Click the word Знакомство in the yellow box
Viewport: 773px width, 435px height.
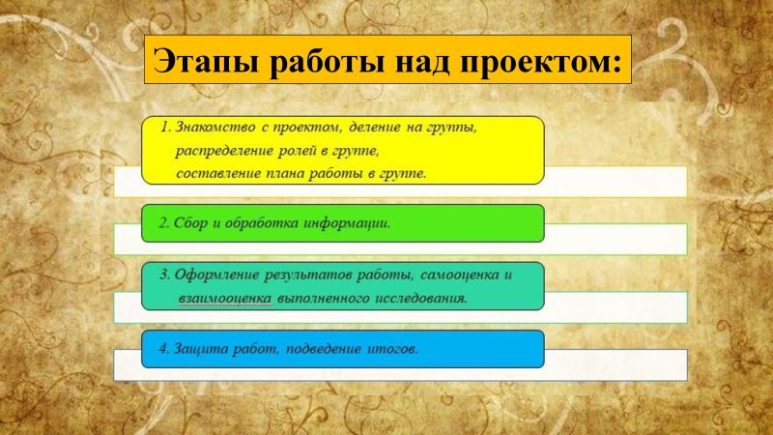coord(217,128)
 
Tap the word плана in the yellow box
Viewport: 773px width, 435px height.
coord(295,174)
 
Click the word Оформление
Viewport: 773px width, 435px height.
coord(219,275)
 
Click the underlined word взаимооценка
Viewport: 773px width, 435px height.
coord(223,299)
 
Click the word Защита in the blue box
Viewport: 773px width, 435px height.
coord(198,349)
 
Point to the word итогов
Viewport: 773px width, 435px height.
coord(390,349)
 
